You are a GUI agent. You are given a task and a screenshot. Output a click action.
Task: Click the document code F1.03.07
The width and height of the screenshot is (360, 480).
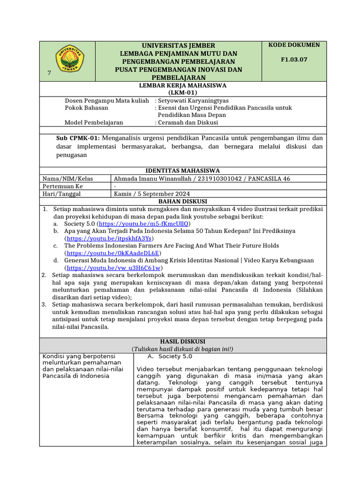pos(294,60)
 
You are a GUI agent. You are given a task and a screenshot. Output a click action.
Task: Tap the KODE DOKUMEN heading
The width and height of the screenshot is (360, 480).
pos(294,45)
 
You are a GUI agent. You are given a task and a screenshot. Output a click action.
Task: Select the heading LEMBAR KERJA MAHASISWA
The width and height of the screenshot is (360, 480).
pos(183,85)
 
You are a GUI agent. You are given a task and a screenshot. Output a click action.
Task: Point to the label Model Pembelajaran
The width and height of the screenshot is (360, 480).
pos(94,122)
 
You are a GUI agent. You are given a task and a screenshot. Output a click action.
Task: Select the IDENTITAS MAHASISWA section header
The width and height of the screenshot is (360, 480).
pos(183,171)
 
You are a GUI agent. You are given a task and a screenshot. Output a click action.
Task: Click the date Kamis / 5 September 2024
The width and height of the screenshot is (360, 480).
pos(152,194)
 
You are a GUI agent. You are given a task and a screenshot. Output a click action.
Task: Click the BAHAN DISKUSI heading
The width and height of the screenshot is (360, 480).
pos(183,201)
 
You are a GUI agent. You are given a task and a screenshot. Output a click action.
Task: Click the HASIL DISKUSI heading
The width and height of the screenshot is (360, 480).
pos(183,341)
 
